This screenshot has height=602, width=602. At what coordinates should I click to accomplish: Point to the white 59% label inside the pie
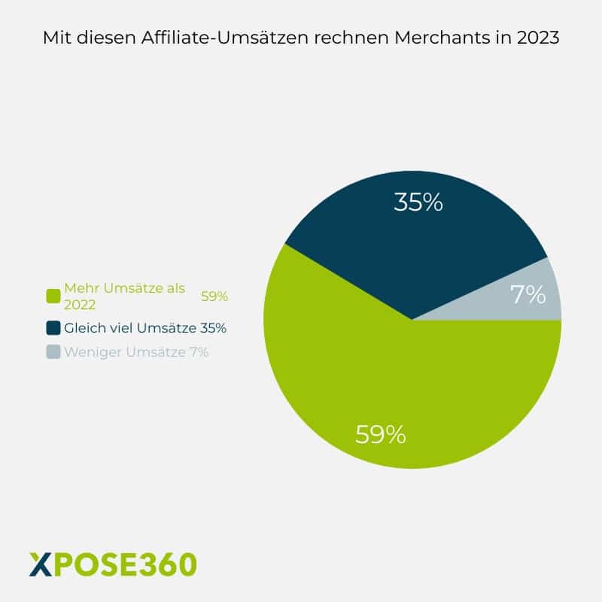coord(381,434)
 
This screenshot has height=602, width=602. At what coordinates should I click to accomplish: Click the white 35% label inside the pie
coord(418,202)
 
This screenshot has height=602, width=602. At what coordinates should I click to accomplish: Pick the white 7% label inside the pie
coord(528,294)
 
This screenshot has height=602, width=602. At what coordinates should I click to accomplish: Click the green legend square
coord(53,296)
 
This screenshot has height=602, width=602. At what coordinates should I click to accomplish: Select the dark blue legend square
coord(53,328)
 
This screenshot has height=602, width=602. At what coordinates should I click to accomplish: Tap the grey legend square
coord(53,351)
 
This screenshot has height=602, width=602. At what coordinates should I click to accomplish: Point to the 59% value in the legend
coord(214,296)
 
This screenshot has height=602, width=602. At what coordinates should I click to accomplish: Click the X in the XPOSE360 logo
coord(41,563)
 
